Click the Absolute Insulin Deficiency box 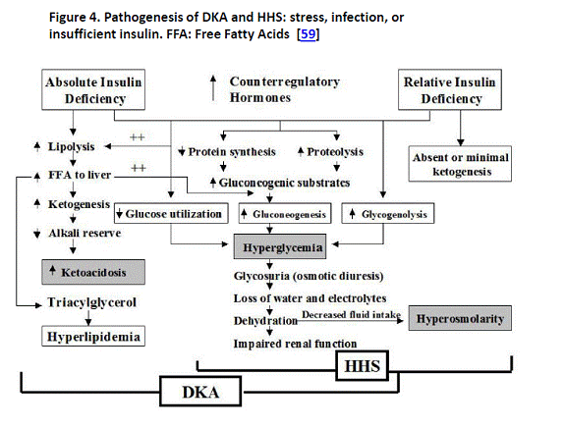[93, 89]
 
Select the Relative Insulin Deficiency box [450, 89]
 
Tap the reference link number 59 [309, 34]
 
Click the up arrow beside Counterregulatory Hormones [213, 87]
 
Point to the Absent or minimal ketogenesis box [460, 164]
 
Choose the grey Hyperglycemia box [280, 247]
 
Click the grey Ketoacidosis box [93, 272]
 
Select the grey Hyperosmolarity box [460, 319]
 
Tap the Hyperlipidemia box [93, 337]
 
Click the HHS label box [363, 366]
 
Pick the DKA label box [200, 392]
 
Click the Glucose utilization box [171, 213]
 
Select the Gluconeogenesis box [285, 213]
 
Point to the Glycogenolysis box [388, 213]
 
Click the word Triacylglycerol [92, 302]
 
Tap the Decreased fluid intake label [351, 314]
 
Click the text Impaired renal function [295, 344]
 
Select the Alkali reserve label [85, 234]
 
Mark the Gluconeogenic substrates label [284, 183]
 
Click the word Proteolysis [335, 152]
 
